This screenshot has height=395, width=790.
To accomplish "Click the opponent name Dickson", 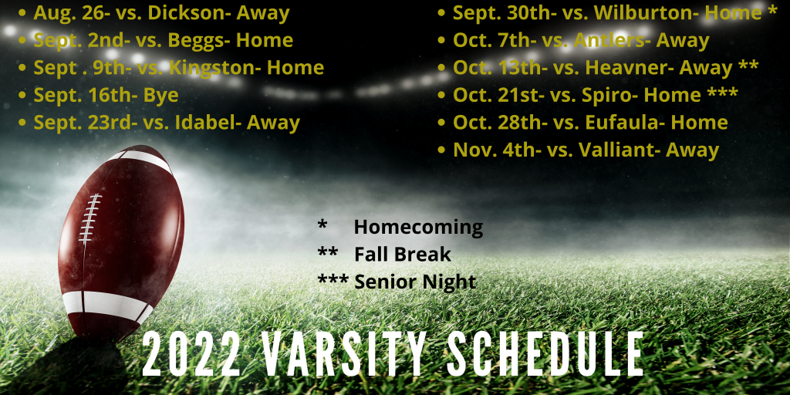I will [182, 13].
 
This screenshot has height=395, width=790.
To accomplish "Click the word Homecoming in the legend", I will [418, 228].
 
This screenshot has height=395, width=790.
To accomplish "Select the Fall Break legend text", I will [402, 254].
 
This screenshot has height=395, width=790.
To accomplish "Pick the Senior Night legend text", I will [415, 282].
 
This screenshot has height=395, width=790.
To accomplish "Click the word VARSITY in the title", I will [343, 355].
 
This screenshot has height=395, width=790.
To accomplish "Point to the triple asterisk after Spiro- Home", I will [723, 93].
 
